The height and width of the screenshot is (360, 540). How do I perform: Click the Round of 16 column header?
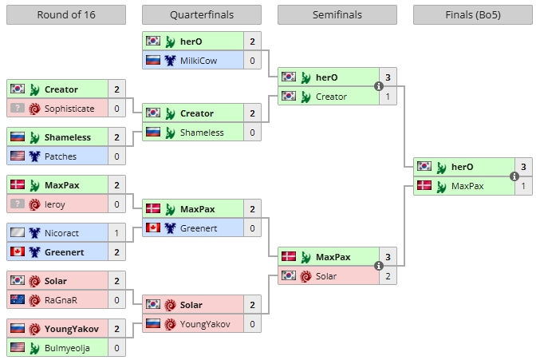[66, 15]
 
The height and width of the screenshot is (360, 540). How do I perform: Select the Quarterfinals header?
[202, 15]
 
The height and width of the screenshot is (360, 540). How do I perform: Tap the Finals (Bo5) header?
[473, 15]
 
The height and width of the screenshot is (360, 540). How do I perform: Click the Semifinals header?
[337, 15]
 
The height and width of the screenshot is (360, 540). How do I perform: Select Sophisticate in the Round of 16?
[67, 109]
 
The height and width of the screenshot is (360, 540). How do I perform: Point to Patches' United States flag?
[18, 156]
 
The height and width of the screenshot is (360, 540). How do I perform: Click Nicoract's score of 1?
[116, 233]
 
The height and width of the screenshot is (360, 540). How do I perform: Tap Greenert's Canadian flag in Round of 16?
[18, 252]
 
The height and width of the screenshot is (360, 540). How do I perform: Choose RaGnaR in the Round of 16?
[61, 300]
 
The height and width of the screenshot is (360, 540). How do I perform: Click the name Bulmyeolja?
[66, 348]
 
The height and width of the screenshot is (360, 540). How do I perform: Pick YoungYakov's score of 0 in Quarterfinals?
[252, 324]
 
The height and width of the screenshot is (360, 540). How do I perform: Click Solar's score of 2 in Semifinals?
[388, 276]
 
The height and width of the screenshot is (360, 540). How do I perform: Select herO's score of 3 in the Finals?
[523, 166]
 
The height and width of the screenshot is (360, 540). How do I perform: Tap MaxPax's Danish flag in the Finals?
[424, 186]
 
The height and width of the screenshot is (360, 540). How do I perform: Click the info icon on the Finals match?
[514, 176]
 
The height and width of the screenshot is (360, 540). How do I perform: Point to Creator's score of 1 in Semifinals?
[388, 97]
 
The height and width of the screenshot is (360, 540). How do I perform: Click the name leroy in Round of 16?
[55, 204]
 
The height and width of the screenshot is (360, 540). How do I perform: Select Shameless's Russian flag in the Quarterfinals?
[153, 133]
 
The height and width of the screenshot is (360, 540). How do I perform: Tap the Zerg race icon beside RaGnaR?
[35, 300]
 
